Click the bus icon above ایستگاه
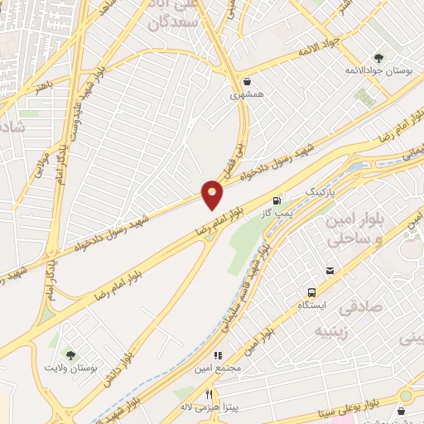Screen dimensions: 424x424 [x=311, y=293]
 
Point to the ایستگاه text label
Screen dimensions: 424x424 [x=313, y=306]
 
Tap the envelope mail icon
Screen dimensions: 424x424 [x=330, y=271]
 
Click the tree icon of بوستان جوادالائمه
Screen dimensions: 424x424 [x=379, y=57]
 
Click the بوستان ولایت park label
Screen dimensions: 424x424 [x=70, y=367]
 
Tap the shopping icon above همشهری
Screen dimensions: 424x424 [x=248, y=81]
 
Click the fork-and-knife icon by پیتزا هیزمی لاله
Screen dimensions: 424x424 [x=210, y=394]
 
